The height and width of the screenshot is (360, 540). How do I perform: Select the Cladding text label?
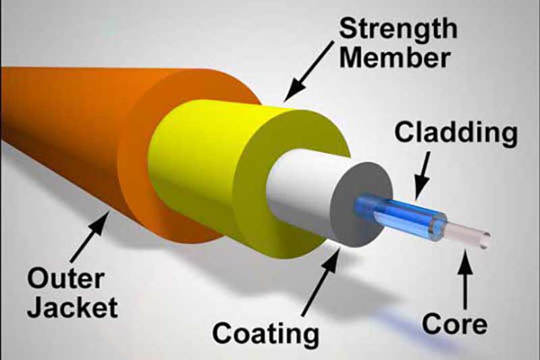(456, 133)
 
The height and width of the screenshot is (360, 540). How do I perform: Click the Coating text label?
(265, 333)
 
